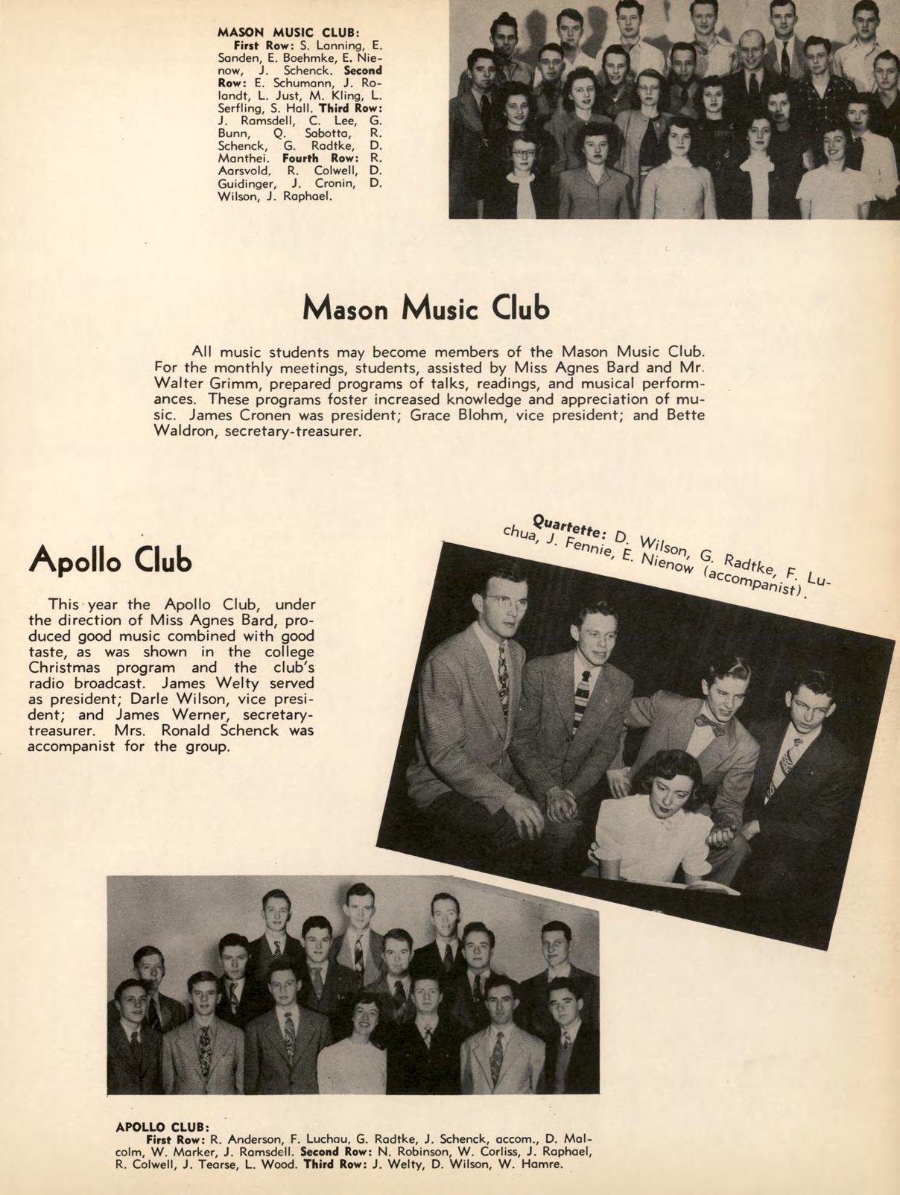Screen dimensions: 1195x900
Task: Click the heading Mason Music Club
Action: coord(427,308)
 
